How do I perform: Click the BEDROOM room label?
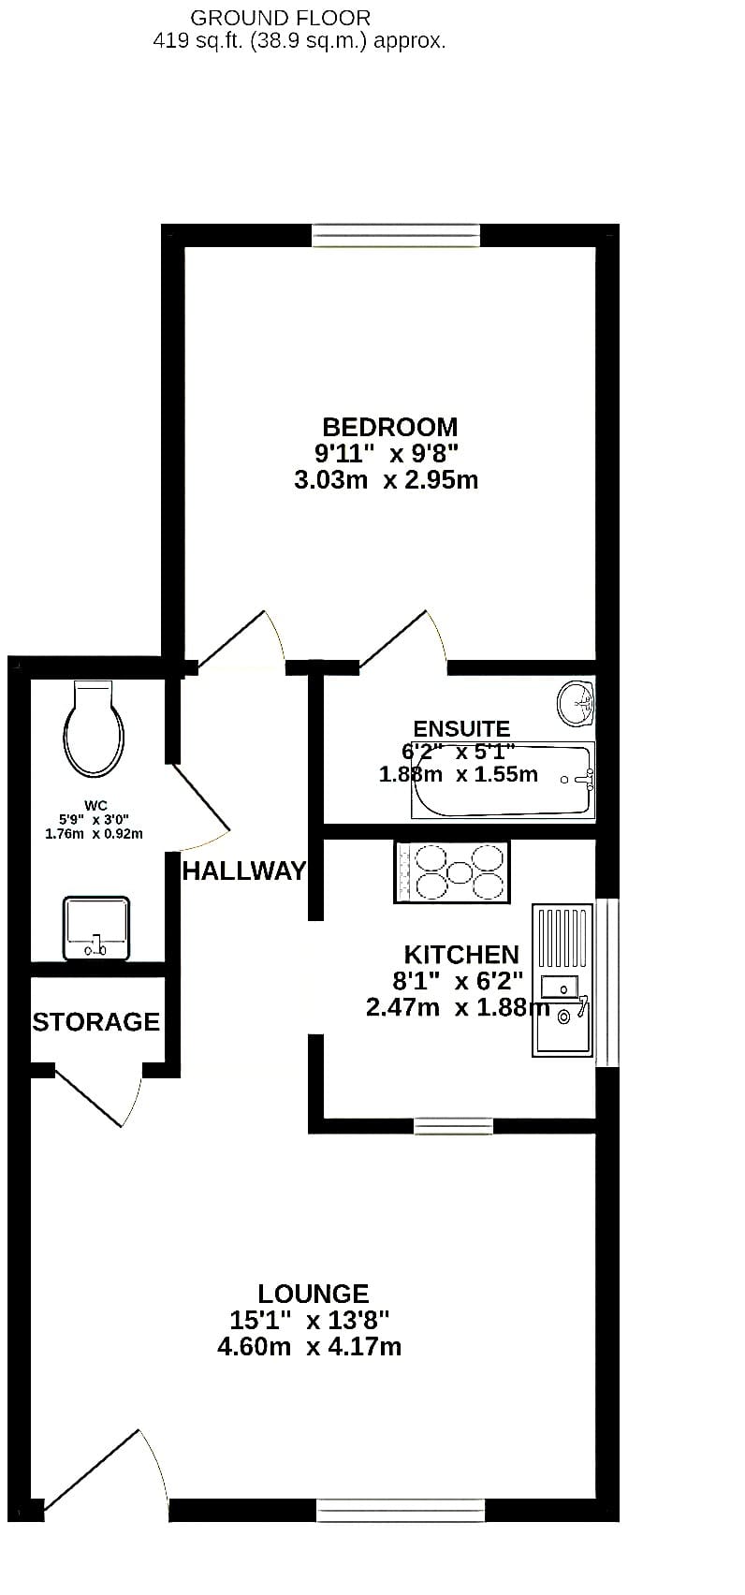(389, 427)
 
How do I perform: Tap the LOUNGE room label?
(314, 1293)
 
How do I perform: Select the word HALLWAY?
(243, 871)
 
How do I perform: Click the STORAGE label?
(96, 1022)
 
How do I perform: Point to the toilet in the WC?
(94, 727)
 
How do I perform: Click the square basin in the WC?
(96, 928)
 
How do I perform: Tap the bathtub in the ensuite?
(503, 781)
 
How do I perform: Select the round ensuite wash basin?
(576, 704)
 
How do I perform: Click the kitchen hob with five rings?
(451, 872)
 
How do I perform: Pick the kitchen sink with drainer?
(562, 980)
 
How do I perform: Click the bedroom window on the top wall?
(396, 236)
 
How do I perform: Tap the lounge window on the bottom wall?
(401, 1510)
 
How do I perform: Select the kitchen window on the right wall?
(607, 984)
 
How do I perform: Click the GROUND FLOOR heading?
(280, 18)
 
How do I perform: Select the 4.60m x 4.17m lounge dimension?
(309, 1347)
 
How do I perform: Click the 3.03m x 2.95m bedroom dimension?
(386, 480)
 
